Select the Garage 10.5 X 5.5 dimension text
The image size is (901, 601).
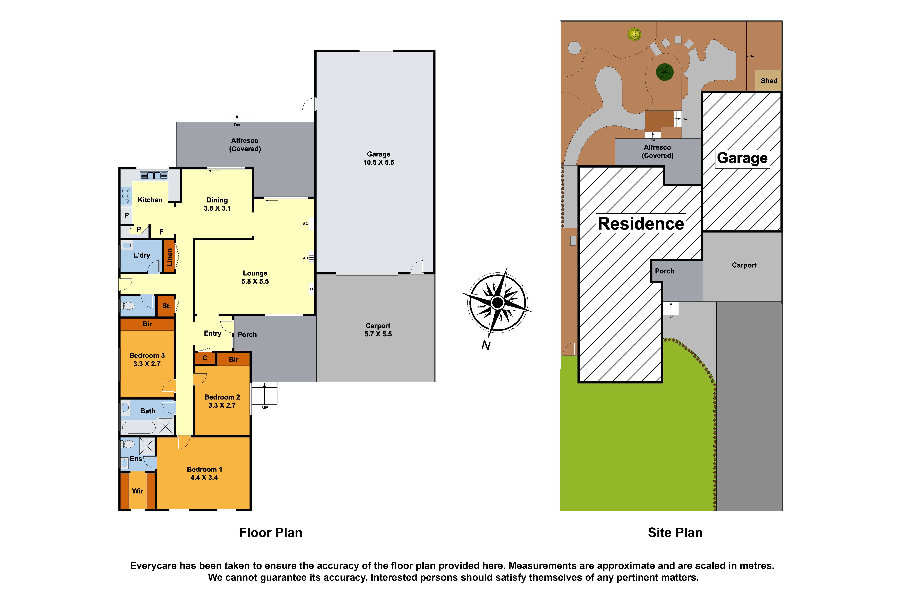click(x=378, y=158)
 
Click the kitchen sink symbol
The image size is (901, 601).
click(x=154, y=176)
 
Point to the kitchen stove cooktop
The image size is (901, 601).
click(x=126, y=196)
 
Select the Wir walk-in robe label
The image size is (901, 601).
click(x=137, y=491)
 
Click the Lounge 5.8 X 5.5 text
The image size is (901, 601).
click(x=255, y=277)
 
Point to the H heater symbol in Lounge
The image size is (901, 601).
click(x=311, y=289)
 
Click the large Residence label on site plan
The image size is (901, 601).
click(x=641, y=223)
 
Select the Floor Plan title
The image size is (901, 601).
click(x=270, y=532)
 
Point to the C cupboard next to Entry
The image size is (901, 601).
click(x=205, y=358)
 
